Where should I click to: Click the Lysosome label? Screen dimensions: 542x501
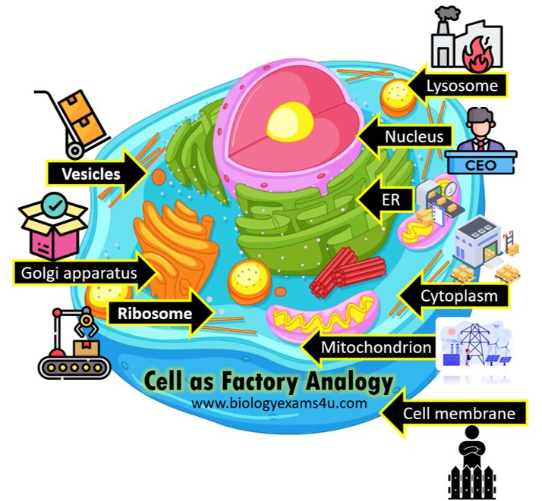click(462, 86)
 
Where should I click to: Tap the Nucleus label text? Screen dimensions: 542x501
click(414, 136)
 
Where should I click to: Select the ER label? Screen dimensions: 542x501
click(391, 200)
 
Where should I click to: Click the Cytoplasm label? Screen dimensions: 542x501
click(459, 296)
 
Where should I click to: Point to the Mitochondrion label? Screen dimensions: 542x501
click(376, 347)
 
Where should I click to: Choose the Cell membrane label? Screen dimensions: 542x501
click(459, 413)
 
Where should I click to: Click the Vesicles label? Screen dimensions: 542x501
click(91, 174)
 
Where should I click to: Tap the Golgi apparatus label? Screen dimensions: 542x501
click(79, 274)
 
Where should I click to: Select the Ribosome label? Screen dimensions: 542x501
click(155, 313)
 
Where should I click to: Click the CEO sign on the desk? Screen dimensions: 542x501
click(481, 165)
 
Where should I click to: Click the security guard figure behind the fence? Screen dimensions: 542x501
click(472, 449)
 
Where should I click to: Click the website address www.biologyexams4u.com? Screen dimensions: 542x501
click(279, 403)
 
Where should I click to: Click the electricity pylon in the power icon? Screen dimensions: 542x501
click(475, 343)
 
